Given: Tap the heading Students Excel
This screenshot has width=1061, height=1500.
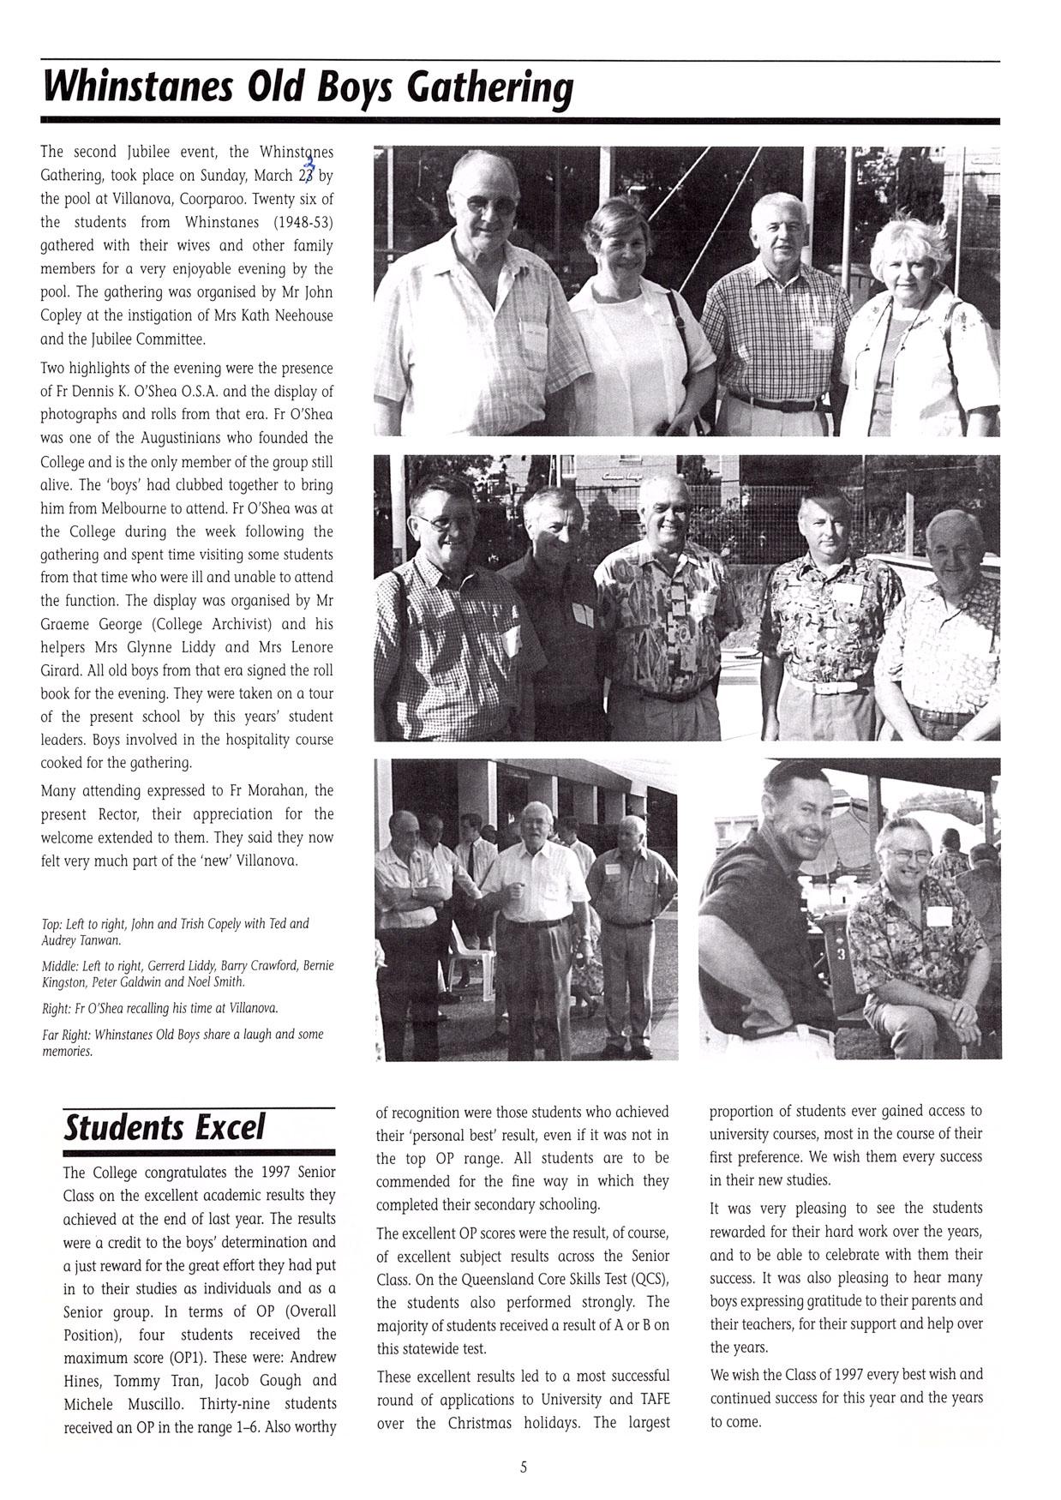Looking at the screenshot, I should point(165,1128).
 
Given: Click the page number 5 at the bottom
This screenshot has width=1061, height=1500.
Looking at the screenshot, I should point(524,1467).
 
